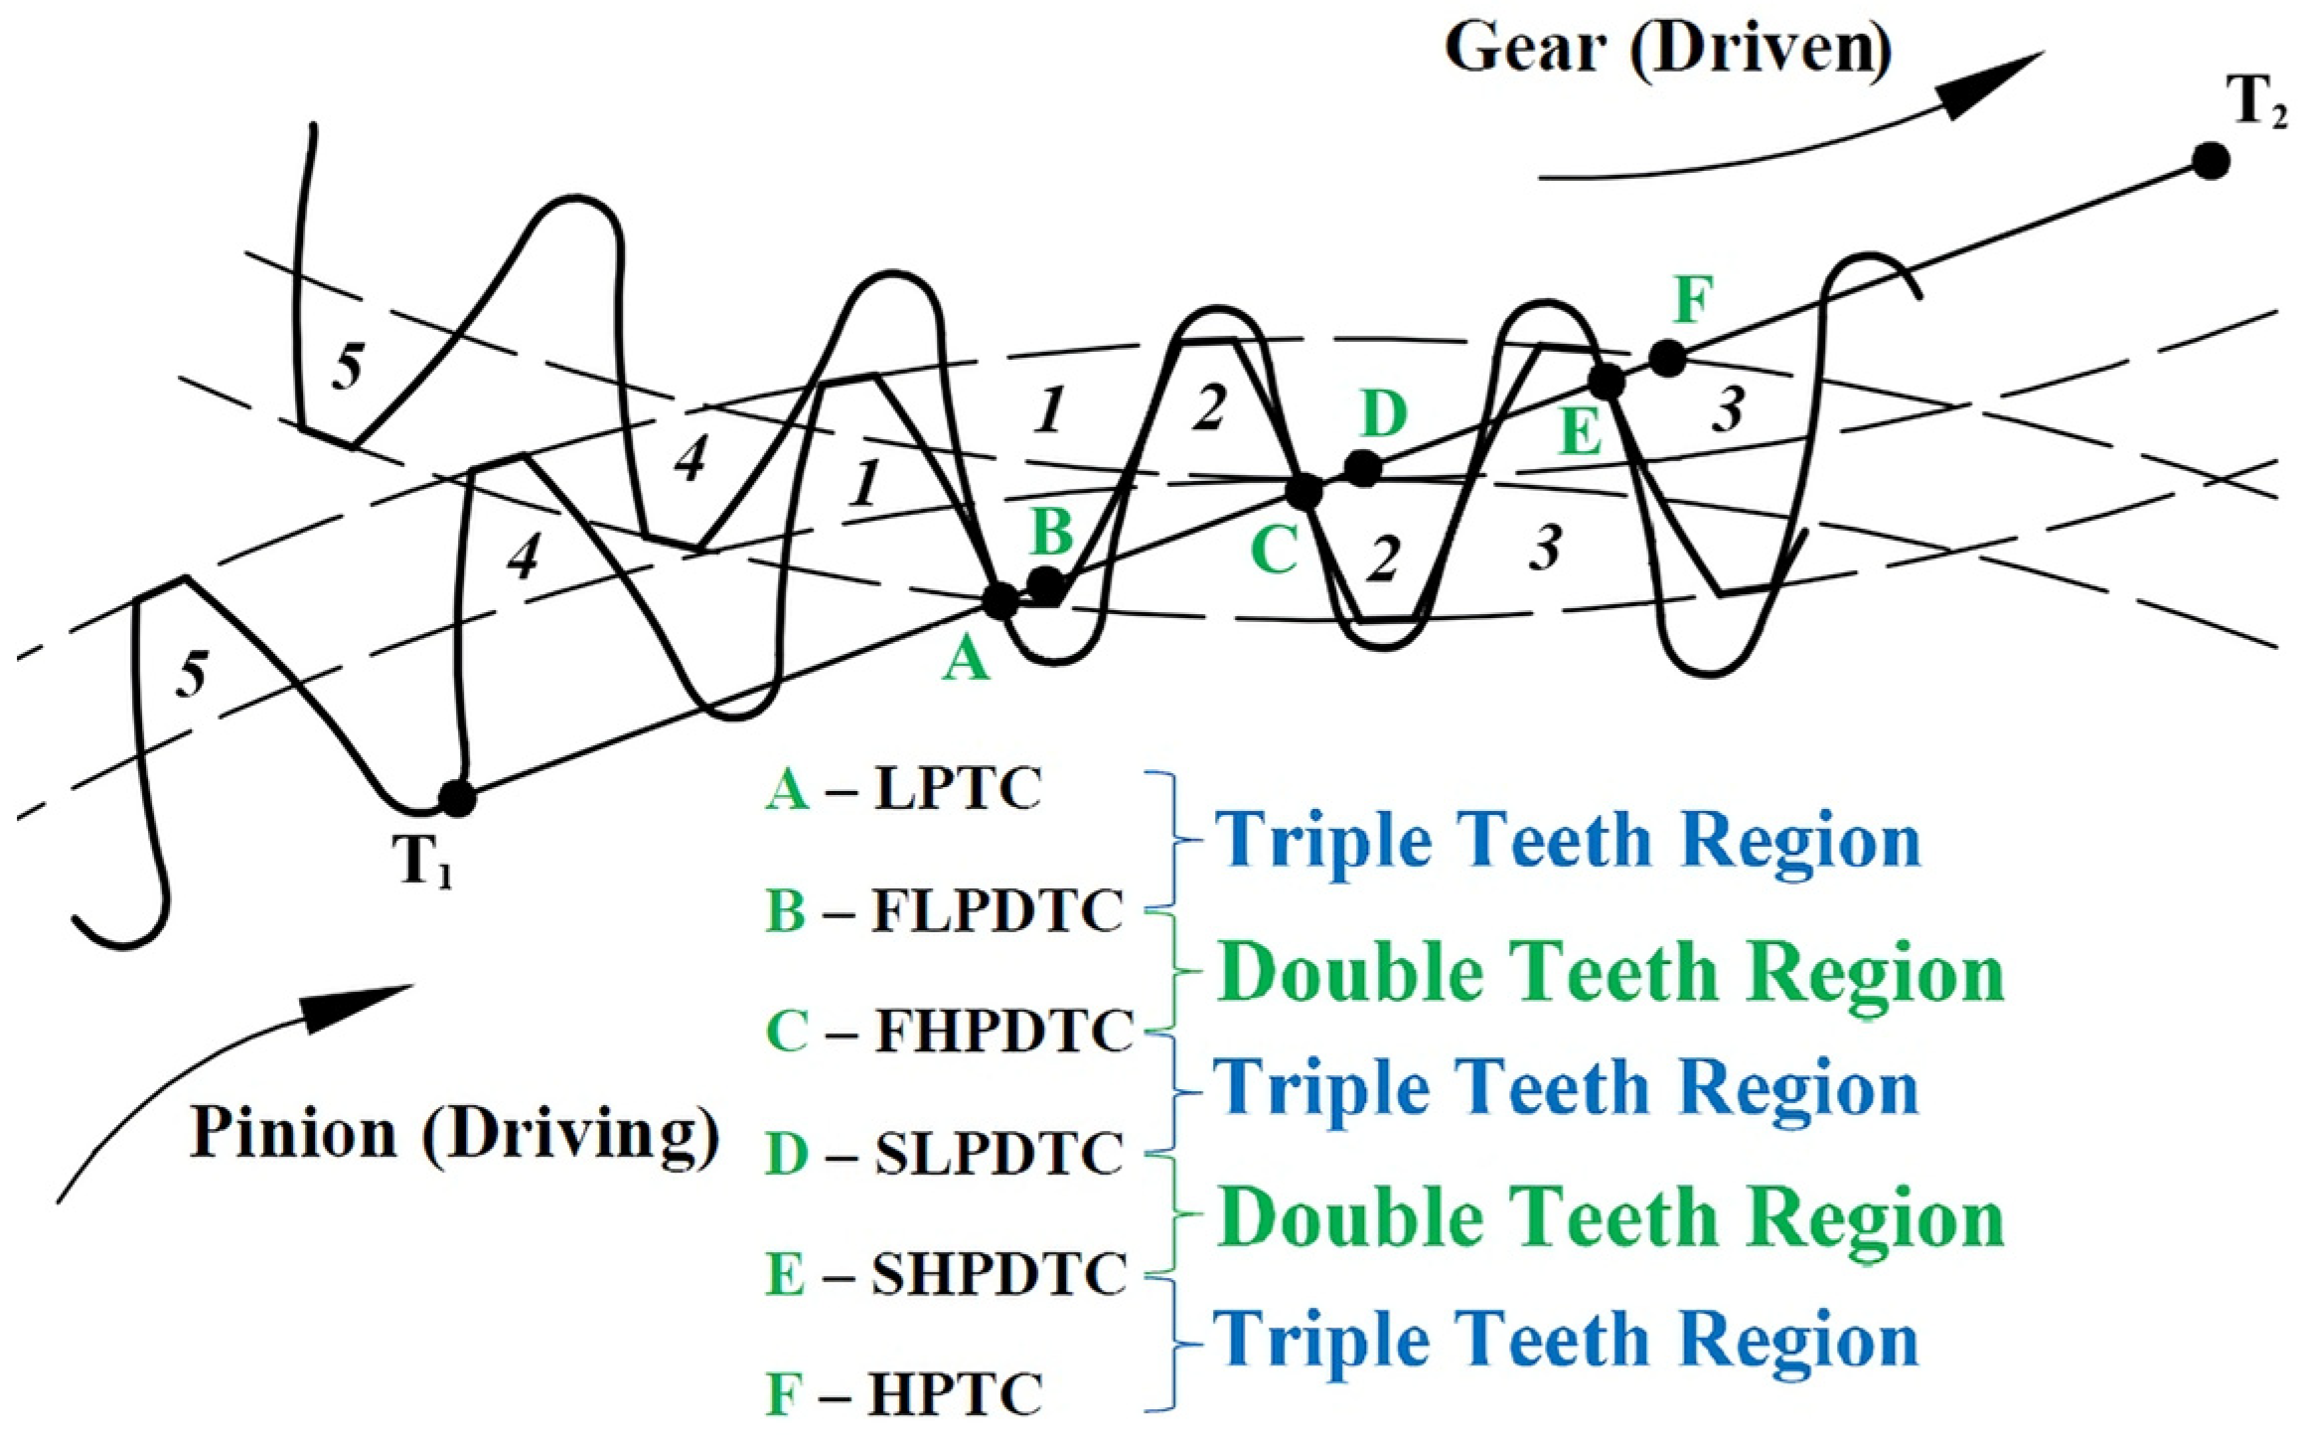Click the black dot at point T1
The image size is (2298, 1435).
pyautogui.click(x=457, y=797)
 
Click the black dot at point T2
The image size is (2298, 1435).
pyautogui.click(x=2211, y=161)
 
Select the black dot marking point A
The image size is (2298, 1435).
pyautogui.click(x=1000, y=600)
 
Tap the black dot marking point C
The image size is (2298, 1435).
pyautogui.click(x=1304, y=490)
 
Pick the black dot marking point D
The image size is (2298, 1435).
pyautogui.click(x=1362, y=468)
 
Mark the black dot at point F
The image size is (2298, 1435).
pyautogui.click(x=1667, y=358)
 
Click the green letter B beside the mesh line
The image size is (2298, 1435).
pyautogui.click(x=1052, y=532)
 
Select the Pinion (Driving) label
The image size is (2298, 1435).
pyautogui.click(x=455, y=1133)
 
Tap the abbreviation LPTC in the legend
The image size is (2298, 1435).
pyautogui.click(x=958, y=791)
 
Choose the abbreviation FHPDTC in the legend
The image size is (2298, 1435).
pyautogui.click(x=1003, y=1032)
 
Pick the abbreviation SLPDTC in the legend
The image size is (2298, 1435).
pyautogui.click(x=998, y=1154)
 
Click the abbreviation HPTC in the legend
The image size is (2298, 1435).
pyautogui.click(x=956, y=1394)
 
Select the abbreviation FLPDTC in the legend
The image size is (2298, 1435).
pyautogui.click(x=997, y=910)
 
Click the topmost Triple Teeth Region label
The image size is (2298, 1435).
pyautogui.click(x=1568, y=841)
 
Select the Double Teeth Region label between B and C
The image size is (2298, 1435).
pyautogui.click(x=1610, y=971)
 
